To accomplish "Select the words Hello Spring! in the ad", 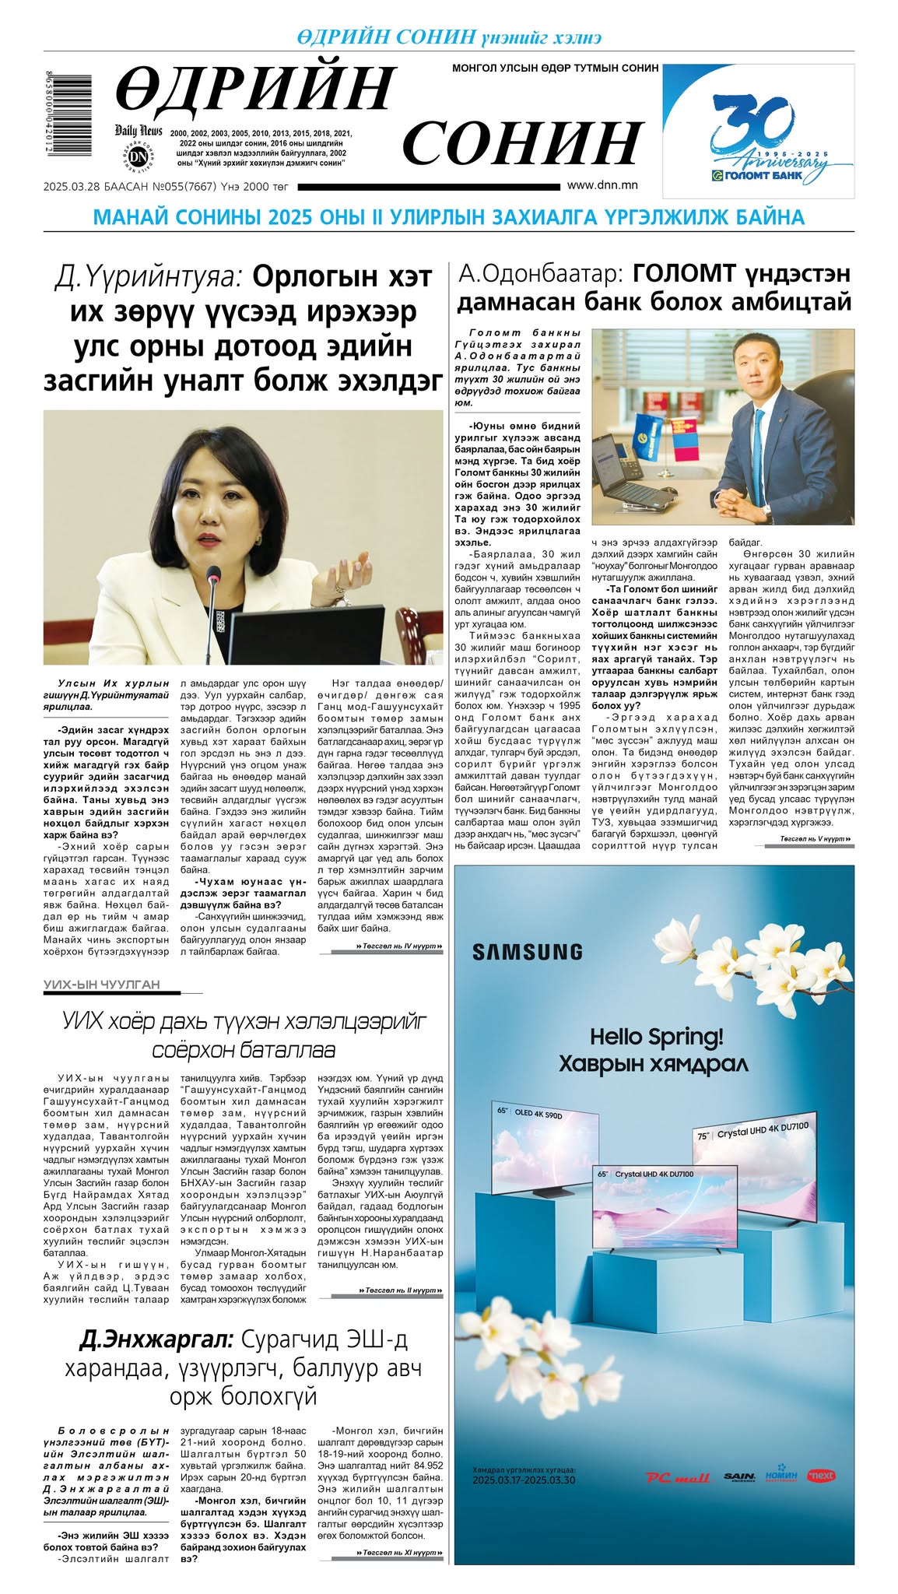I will pyautogui.click(x=656, y=1037).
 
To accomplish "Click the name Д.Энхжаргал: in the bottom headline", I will pyautogui.click(x=156, y=1340).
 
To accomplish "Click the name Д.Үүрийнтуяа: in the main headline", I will pyautogui.click(x=149, y=276).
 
